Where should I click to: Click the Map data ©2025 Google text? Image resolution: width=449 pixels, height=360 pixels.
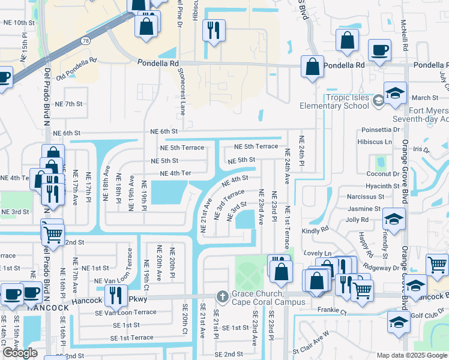pyautogui.click(x=411, y=355)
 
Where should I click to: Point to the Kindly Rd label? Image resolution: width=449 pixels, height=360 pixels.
pyautogui.click(x=316, y=230)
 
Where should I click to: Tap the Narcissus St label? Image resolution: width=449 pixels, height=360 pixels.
pyautogui.click(x=365, y=196)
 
